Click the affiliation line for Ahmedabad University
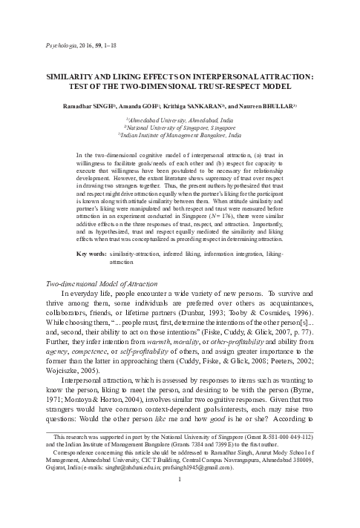(180, 120)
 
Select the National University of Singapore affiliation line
(180, 128)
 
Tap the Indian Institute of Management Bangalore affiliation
(180, 136)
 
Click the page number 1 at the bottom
(180, 499)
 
